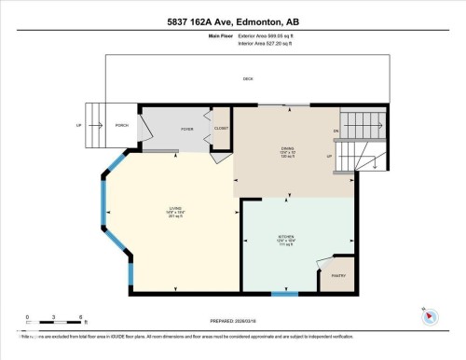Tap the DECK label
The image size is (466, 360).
(248, 78)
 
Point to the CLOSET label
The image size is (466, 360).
(221, 128)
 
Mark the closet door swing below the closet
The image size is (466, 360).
(218, 158)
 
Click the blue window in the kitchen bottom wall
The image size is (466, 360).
(284, 295)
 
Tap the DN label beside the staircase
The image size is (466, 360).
(334, 131)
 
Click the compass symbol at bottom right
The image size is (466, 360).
(431, 314)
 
